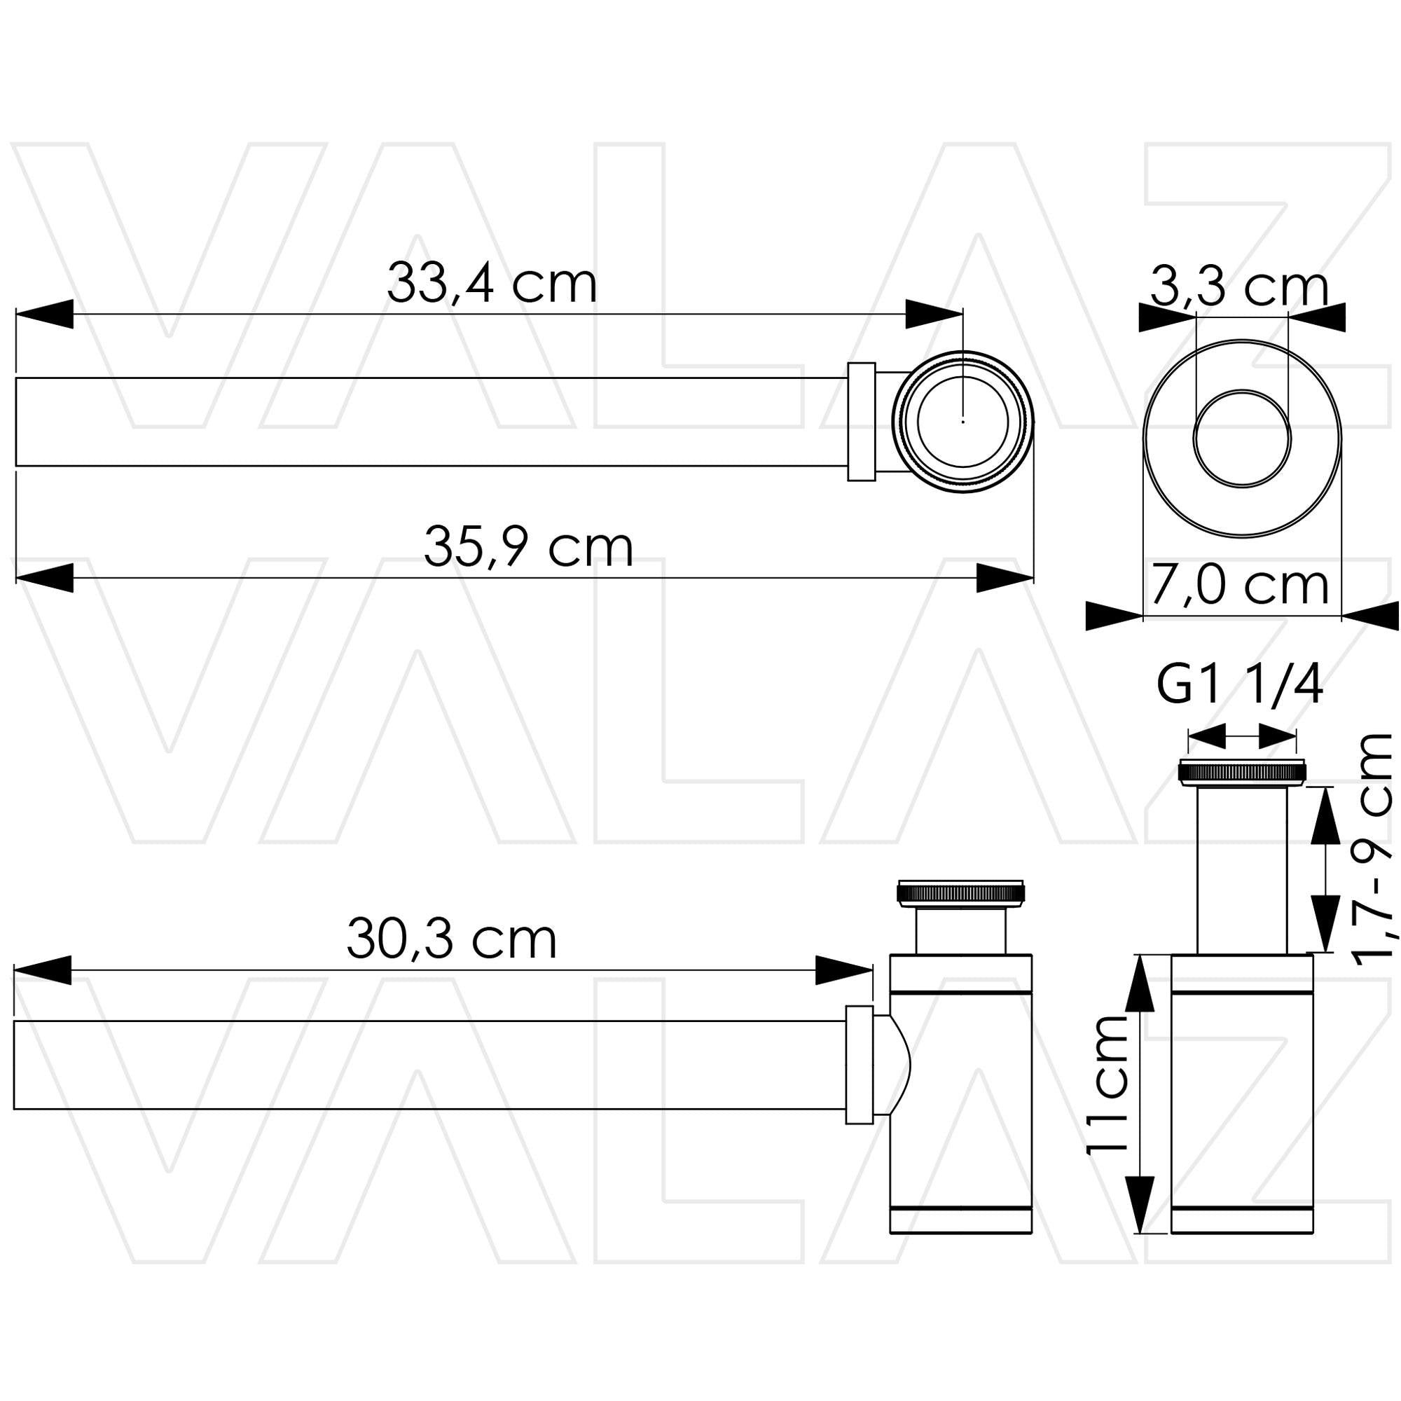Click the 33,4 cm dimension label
tap(492, 283)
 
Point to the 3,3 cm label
tap(1239, 288)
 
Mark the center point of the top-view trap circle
tap(962, 421)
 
